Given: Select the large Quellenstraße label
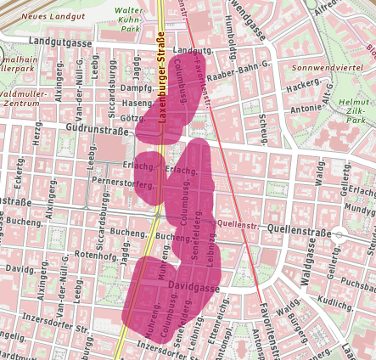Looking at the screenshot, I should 300,229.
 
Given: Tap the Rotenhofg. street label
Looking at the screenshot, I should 94,254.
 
